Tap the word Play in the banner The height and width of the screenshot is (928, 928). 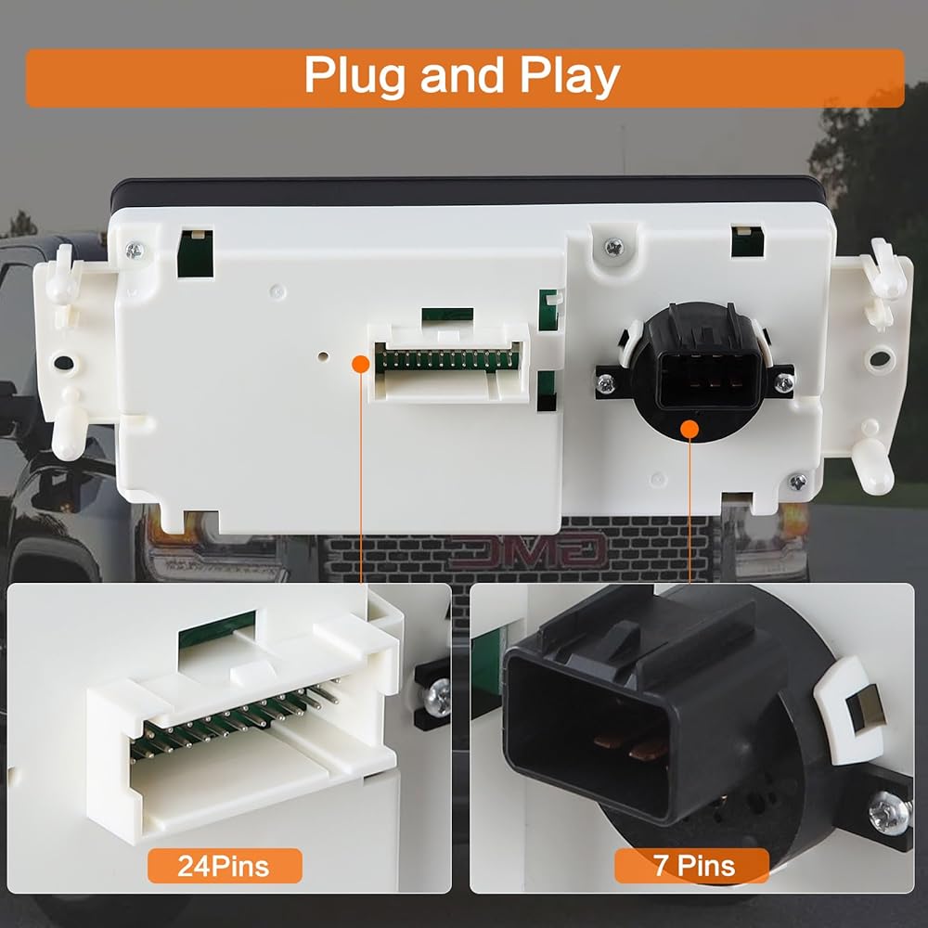570,76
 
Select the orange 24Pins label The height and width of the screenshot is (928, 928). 225,866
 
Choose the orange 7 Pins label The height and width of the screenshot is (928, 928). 692,865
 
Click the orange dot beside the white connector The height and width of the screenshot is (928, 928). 361,364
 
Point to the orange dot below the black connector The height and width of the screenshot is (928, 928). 690,429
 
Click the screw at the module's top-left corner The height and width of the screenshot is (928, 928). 135,251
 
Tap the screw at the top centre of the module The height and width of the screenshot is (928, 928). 614,246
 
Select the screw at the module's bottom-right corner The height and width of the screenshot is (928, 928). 798,482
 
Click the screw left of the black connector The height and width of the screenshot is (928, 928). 605,385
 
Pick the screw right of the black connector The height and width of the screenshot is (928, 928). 784,383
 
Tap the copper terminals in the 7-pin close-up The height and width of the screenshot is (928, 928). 630,748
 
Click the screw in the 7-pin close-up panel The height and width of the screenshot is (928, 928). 890,813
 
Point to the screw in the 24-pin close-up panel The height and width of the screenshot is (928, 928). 438,698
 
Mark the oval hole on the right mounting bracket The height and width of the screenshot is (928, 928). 880,357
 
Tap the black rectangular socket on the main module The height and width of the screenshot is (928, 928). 708,380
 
